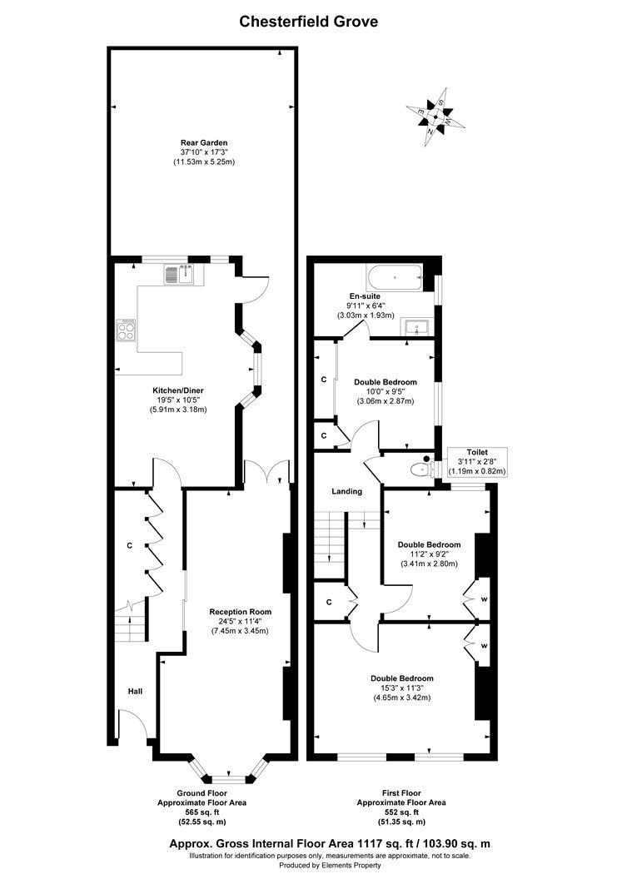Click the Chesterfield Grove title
[x=309, y=22]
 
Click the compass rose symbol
[x=435, y=117]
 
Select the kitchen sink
[x=178, y=274]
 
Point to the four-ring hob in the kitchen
[x=126, y=330]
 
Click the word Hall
[x=136, y=691]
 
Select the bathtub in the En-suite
[x=395, y=277]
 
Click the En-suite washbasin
[x=417, y=328]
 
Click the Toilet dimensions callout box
[x=478, y=462]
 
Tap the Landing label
[x=347, y=491]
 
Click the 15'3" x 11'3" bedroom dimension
[x=402, y=688]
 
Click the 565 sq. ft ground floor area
[x=202, y=812]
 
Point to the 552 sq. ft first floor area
[x=401, y=812]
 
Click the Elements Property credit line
[x=330, y=865]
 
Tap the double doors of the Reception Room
[x=267, y=471]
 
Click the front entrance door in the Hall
[x=133, y=725]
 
